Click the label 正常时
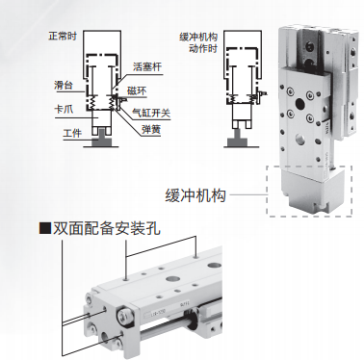click(63, 36)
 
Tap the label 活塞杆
click(147, 66)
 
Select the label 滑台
click(64, 86)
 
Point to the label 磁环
click(137, 90)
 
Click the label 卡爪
click(64, 109)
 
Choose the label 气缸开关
click(151, 113)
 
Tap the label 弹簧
click(151, 130)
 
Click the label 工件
click(72, 133)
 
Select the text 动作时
click(203, 48)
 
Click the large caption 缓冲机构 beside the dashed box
click(195, 195)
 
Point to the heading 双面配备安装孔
click(106, 229)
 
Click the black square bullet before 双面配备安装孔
click(45, 228)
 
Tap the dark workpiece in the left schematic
click(101, 139)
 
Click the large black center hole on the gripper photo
click(300, 104)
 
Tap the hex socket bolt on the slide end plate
click(124, 316)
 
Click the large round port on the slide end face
click(106, 337)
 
